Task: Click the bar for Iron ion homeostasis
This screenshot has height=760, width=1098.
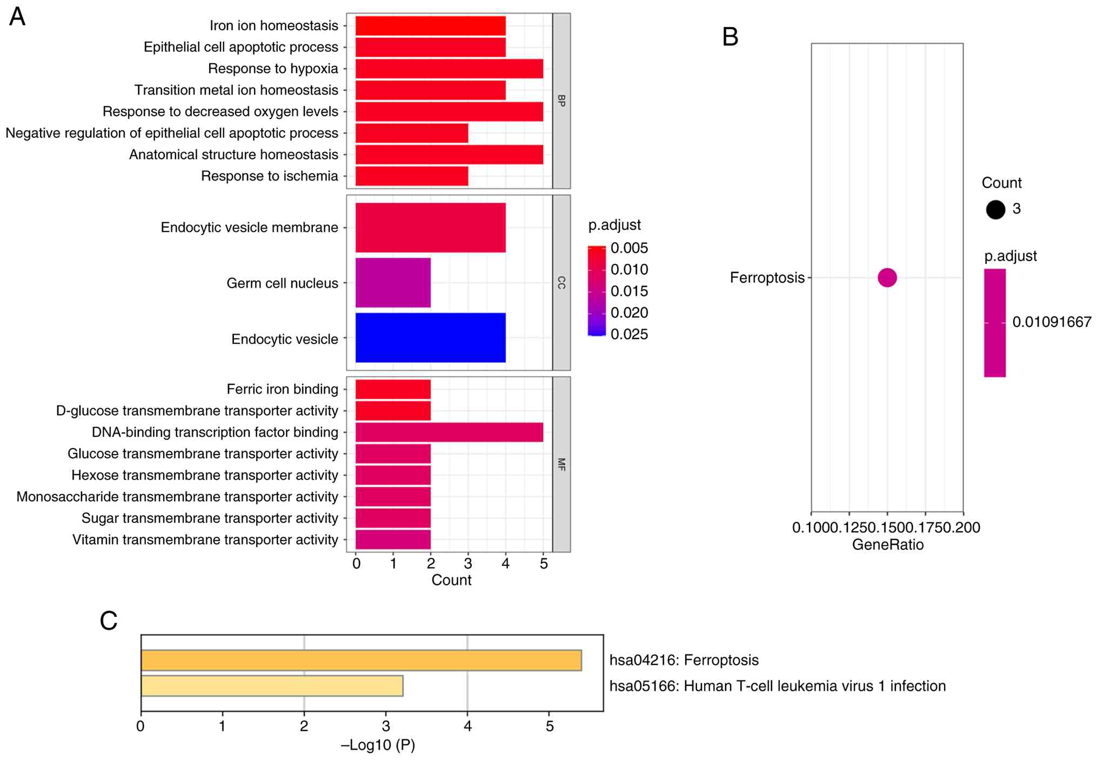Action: pyautogui.click(x=430, y=26)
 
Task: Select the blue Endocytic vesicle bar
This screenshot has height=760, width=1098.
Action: pyautogui.click(x=430, y=338)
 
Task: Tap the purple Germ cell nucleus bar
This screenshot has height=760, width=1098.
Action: pyautogui.click(x=393, y=283)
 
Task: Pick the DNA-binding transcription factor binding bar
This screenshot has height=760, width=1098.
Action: pyautogui.click(x=449, y=432)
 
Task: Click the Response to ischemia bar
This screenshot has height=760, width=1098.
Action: pyautogui.click(x=412, y=176)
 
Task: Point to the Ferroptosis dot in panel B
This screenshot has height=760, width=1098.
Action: pyautogui.click(x=887, y=278)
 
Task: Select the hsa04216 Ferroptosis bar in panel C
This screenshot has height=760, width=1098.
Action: pyautogui.click(x=361, y=661)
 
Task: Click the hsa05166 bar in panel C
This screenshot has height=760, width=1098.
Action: pyautogui.click(x=272, y=686)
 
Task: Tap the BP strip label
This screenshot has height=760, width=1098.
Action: pyautogui.click(x=561, y=101)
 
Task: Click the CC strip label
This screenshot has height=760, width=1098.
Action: pyautogui.click(x=561, y=283)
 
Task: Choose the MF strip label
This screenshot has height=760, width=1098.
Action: pyautogui.click(x=561, y=464)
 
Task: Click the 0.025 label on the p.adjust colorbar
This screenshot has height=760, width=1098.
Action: pyautogui.click(x=629, y=335)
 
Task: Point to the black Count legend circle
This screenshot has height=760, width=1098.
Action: pyautogui.click(x=995, y=209)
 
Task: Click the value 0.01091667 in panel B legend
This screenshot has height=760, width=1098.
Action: pyautogui.click(x=1052, y=322)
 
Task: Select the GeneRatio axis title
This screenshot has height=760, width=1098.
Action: pyautogui.click(x=887, y=545)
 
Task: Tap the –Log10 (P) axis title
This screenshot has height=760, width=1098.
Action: pyautogui.click(x=378, y=745)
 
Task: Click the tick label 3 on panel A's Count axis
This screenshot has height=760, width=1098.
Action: pyautogui.click(x=468, y=564)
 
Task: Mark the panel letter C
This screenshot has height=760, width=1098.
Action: pyautogui.click(x=109, y=621)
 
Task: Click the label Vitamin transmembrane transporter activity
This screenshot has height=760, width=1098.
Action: pyautogui.click(x=205, y=540)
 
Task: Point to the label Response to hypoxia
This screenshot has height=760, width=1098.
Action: pyautogui.click(x=273, y=69)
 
